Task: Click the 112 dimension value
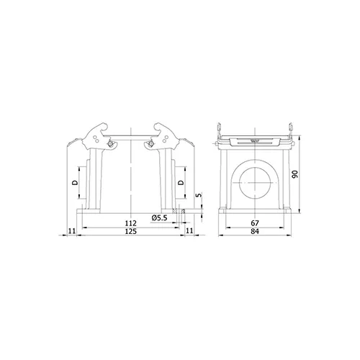point(131,223)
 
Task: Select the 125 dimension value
point(131,231)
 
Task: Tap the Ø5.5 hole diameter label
point(159,218)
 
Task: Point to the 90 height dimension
point(295,174)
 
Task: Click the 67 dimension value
point(255,223)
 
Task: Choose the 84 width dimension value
point(255,231)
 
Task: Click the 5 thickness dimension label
point(199,195)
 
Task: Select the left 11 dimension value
point(72,231)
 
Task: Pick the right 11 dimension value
point(189,230)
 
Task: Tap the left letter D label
point(75,183)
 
